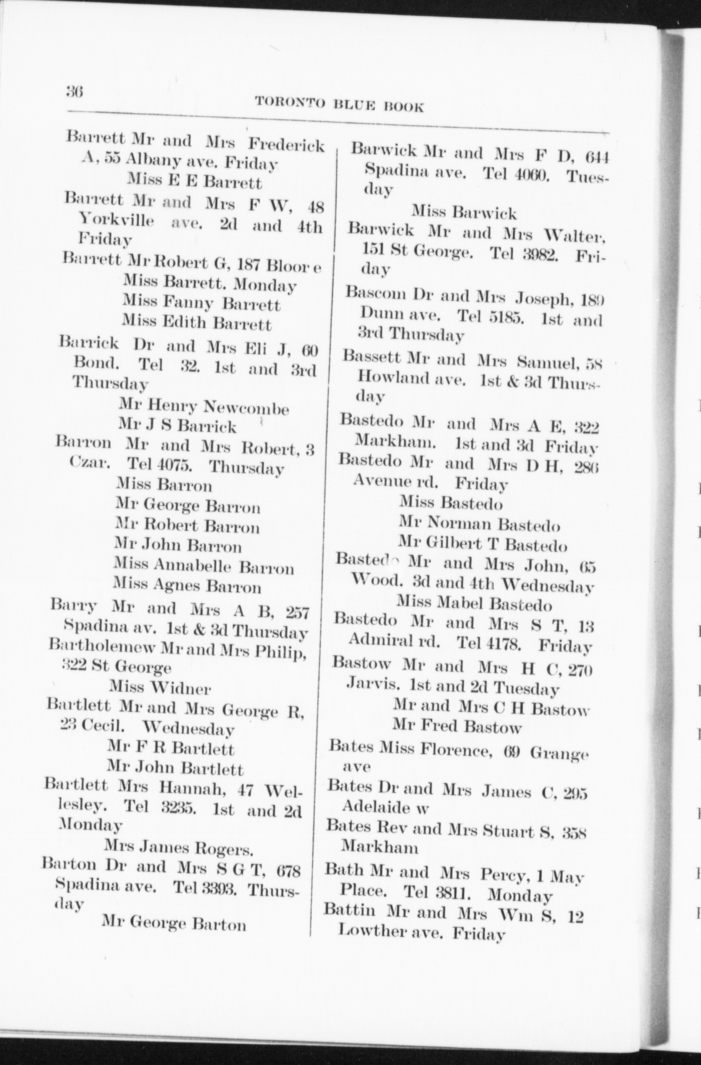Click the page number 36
tap(76, 91)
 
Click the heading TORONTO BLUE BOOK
tap(339, 104)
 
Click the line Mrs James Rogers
tap(179, 849)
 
